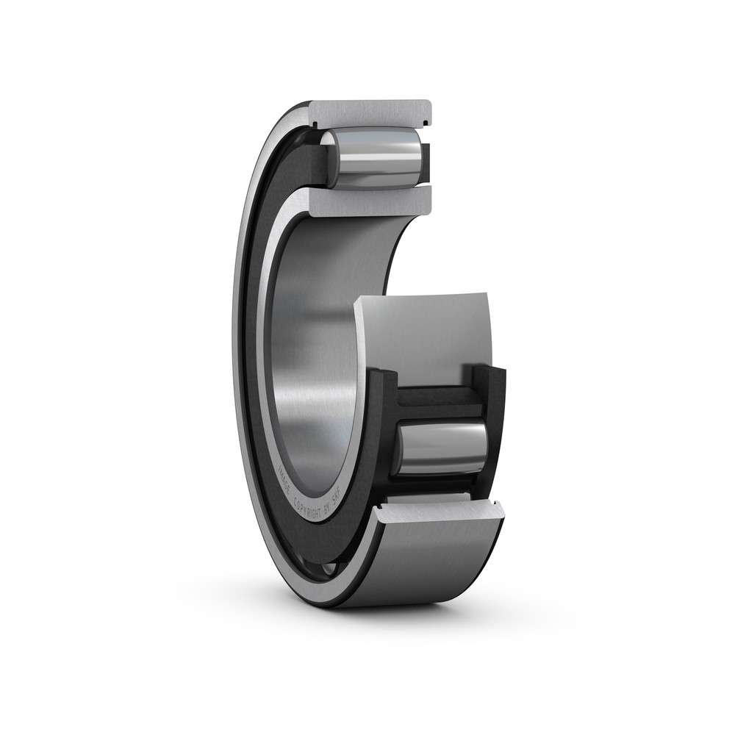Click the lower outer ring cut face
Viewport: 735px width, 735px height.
441,507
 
